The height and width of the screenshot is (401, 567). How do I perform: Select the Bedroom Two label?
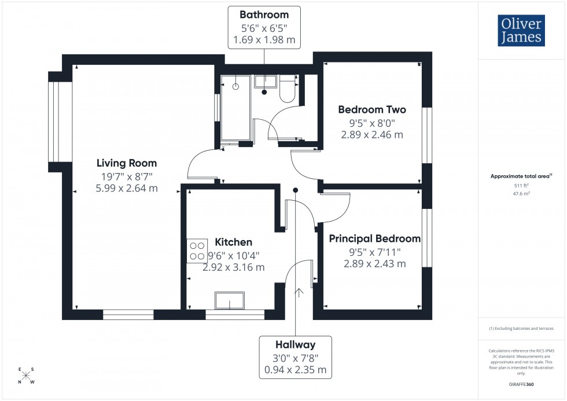tap(372, 109)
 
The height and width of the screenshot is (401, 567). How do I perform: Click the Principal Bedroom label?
tap(374, 238)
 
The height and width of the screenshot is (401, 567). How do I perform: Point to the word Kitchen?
tap(233, 242)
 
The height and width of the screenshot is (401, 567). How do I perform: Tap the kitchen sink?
tap(230, 301)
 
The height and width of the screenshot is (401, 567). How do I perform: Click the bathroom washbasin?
tap(265, 81)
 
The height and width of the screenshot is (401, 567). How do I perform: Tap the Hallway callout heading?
tap(296, 345)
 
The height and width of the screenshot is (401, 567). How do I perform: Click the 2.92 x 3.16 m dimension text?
tap(233, 267)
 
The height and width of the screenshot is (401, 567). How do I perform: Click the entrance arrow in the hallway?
tap(299, 292)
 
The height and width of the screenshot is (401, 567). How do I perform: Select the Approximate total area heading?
tap(521, 176)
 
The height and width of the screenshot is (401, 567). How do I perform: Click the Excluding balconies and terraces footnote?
tap(521, 328)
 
